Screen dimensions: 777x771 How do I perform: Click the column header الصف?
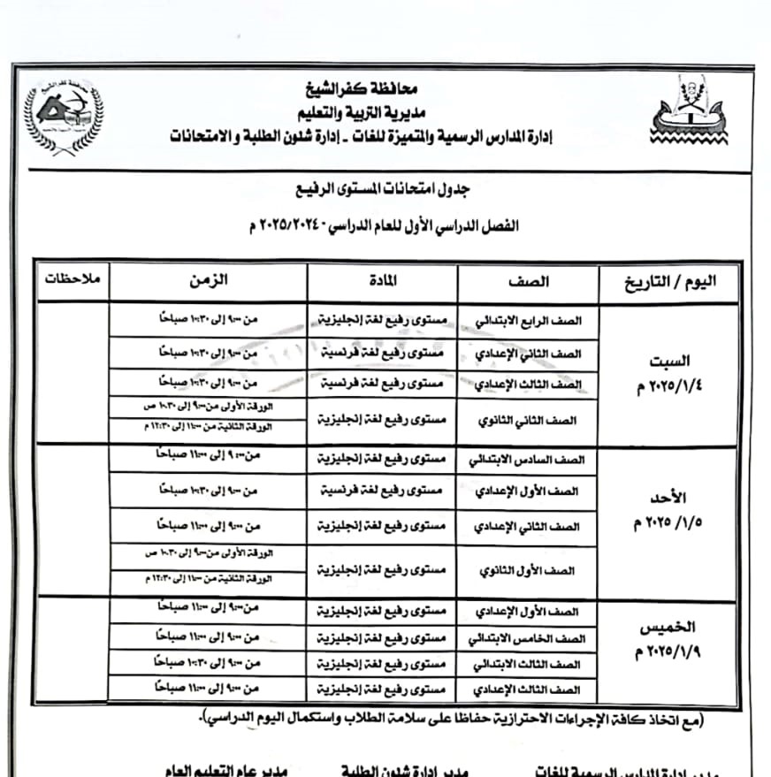(x=528, y=282)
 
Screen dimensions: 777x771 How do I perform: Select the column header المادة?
(x=383, y=282)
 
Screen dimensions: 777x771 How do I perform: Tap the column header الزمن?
(x=208, y=280)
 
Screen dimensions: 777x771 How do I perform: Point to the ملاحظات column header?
(x=73, y=279)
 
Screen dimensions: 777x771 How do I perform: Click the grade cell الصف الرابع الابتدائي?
(x=528, y=322)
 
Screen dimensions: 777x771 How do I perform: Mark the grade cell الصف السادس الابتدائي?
(x=528, y=460)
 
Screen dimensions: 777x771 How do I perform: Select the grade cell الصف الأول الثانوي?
(x=528, y=570)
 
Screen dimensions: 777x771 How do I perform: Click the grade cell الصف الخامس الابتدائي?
(x=528, y=637)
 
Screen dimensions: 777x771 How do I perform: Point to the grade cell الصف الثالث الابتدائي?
(x=528, y=663)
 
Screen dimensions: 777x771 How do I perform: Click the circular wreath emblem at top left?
(x=62, y=118)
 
